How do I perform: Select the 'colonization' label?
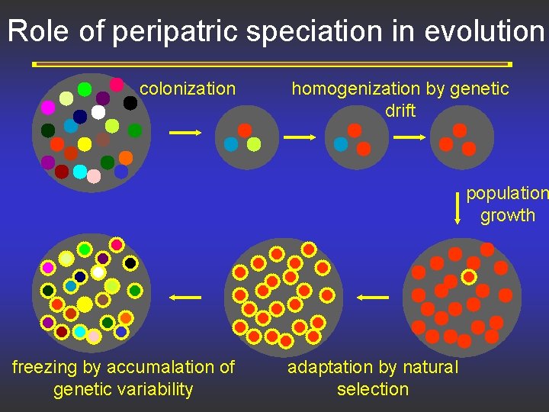coord(188,89)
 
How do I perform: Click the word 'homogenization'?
coord(356,89)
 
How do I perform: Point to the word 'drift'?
coord(400,111)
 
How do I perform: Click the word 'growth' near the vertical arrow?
coord(508,215)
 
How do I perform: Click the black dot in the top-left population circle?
coord(130,102)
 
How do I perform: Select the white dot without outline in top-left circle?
coord(98,112)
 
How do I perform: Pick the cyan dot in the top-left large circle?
coord(79,172)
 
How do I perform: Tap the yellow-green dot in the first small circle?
coord(254,144)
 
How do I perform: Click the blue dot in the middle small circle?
coord(341,143)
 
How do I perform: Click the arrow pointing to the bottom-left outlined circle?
coord(185,297)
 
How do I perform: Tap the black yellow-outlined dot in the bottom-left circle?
coord(130,263)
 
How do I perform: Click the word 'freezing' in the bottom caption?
coord(45,367)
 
